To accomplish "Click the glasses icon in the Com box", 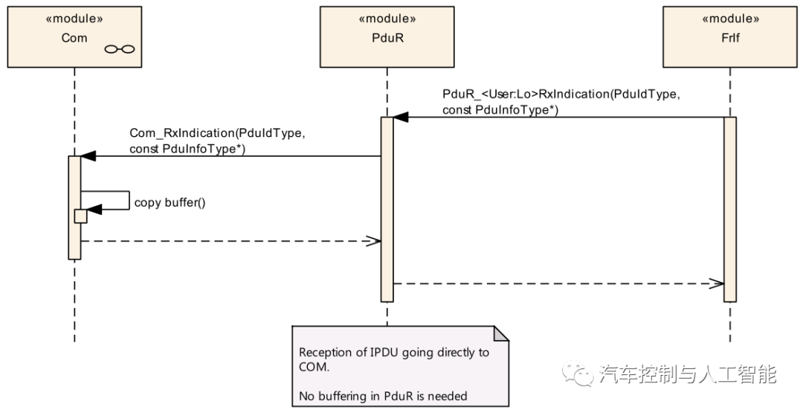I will pos(120,49).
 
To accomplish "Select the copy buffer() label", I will pos(169,202).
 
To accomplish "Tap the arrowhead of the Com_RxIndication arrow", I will pos(88,156).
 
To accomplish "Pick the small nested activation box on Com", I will pos(80,215).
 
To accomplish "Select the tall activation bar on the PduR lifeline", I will pos(387,208).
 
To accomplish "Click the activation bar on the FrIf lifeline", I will pos(729,208).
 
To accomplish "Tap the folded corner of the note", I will pos(502,333).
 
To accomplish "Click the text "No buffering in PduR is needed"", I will pos(383,395).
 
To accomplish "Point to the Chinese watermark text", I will pos(687,374).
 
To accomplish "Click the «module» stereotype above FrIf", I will pos(729,19).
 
